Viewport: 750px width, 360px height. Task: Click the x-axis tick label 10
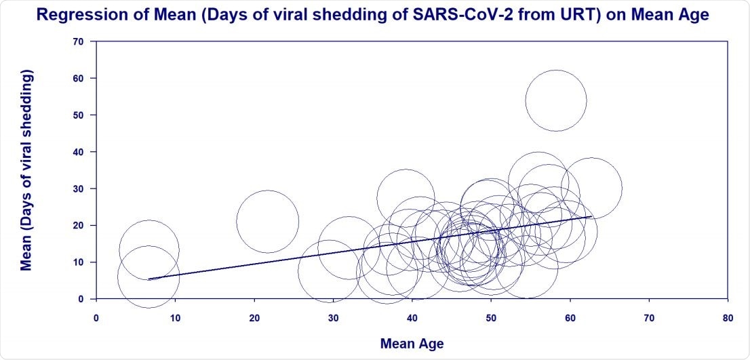coord(175,316)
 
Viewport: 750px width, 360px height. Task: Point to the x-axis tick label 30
coord(333,316)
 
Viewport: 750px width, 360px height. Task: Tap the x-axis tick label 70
coord(649,316)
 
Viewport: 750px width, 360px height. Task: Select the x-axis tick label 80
coord(728,316)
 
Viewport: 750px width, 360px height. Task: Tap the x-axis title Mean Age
coord(412,344)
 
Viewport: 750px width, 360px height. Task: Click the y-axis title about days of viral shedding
coord(26,169)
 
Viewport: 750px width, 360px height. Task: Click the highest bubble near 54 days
coord(555,100)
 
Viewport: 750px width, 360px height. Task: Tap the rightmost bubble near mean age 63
coord(591,188)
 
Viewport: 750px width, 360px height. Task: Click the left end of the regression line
coord(149,279)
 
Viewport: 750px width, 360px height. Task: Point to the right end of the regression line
coord(591,216)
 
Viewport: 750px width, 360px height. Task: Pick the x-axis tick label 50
coord(491,316)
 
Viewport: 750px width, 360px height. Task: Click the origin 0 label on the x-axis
coord(96,316)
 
